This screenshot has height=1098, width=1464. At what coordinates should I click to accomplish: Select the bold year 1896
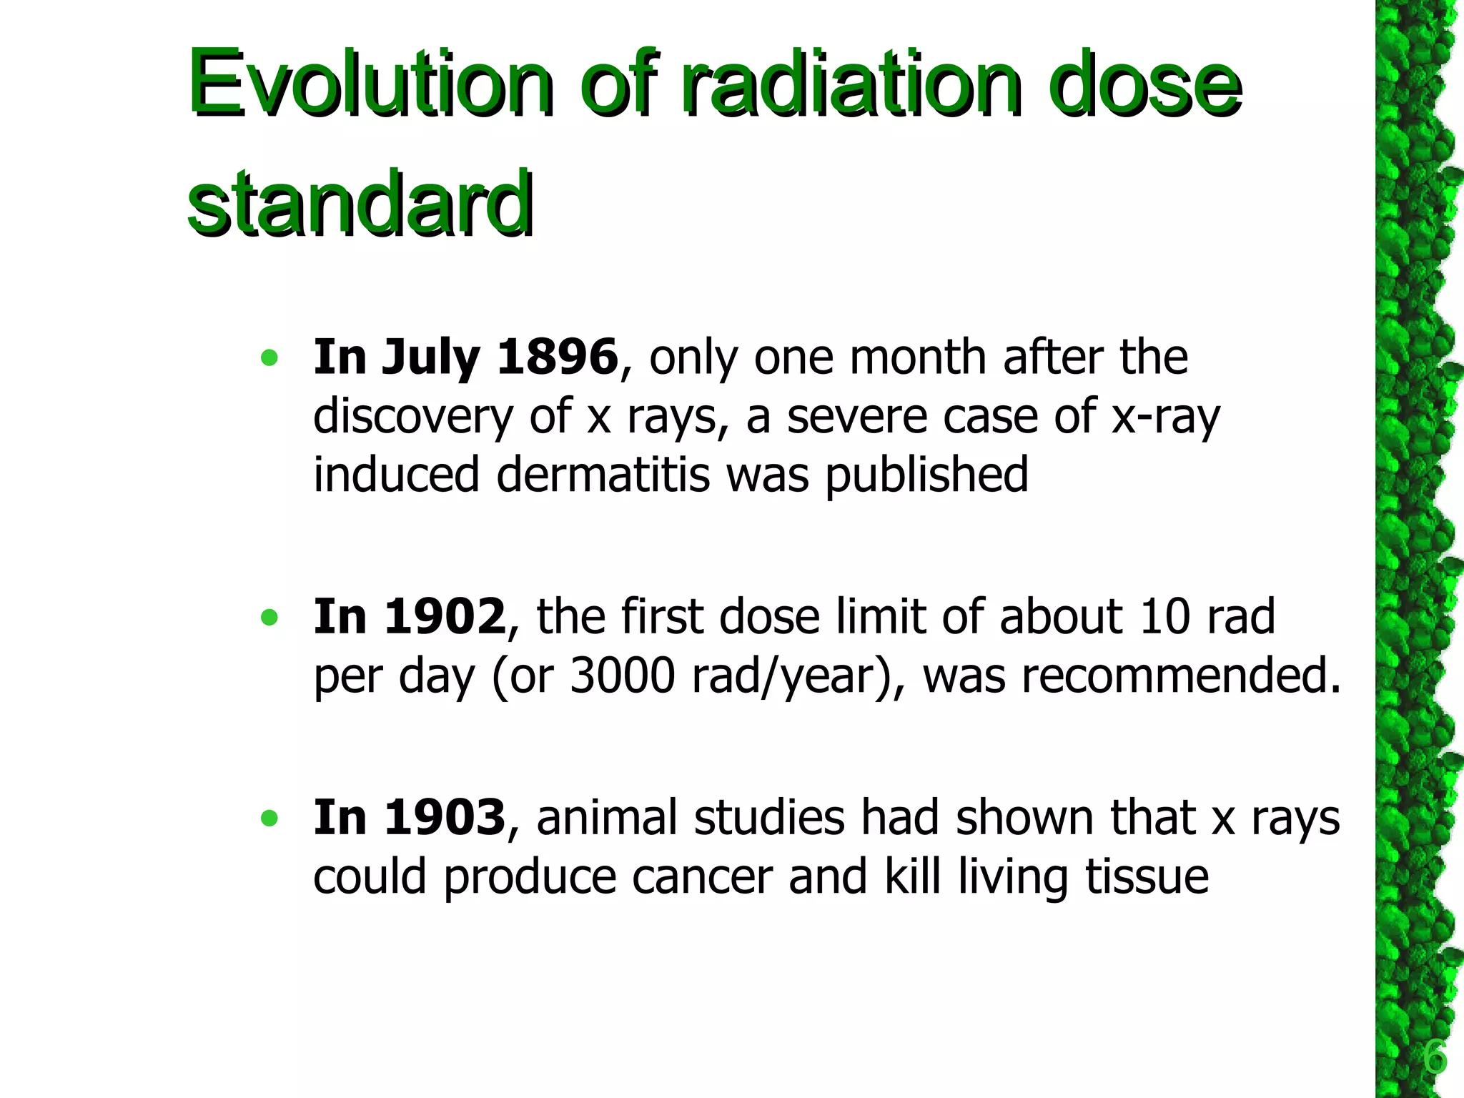[x=557, y=357]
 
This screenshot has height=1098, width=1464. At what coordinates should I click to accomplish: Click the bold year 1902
[x=445, y=616]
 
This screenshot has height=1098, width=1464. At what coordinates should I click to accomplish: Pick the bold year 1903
[x=445, y=817]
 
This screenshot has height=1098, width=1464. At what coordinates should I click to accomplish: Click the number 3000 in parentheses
[x=622, y=676]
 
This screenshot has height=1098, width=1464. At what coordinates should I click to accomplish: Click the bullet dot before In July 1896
[x=269, y=357]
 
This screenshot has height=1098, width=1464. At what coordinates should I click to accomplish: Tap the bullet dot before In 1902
[x=269, y=617]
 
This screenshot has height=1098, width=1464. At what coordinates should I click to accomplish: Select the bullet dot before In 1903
[x=269, y=818]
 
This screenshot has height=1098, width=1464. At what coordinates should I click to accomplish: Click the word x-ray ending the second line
[x=1165, y=417]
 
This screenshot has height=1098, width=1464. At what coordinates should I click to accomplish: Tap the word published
[x=926, y=475]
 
